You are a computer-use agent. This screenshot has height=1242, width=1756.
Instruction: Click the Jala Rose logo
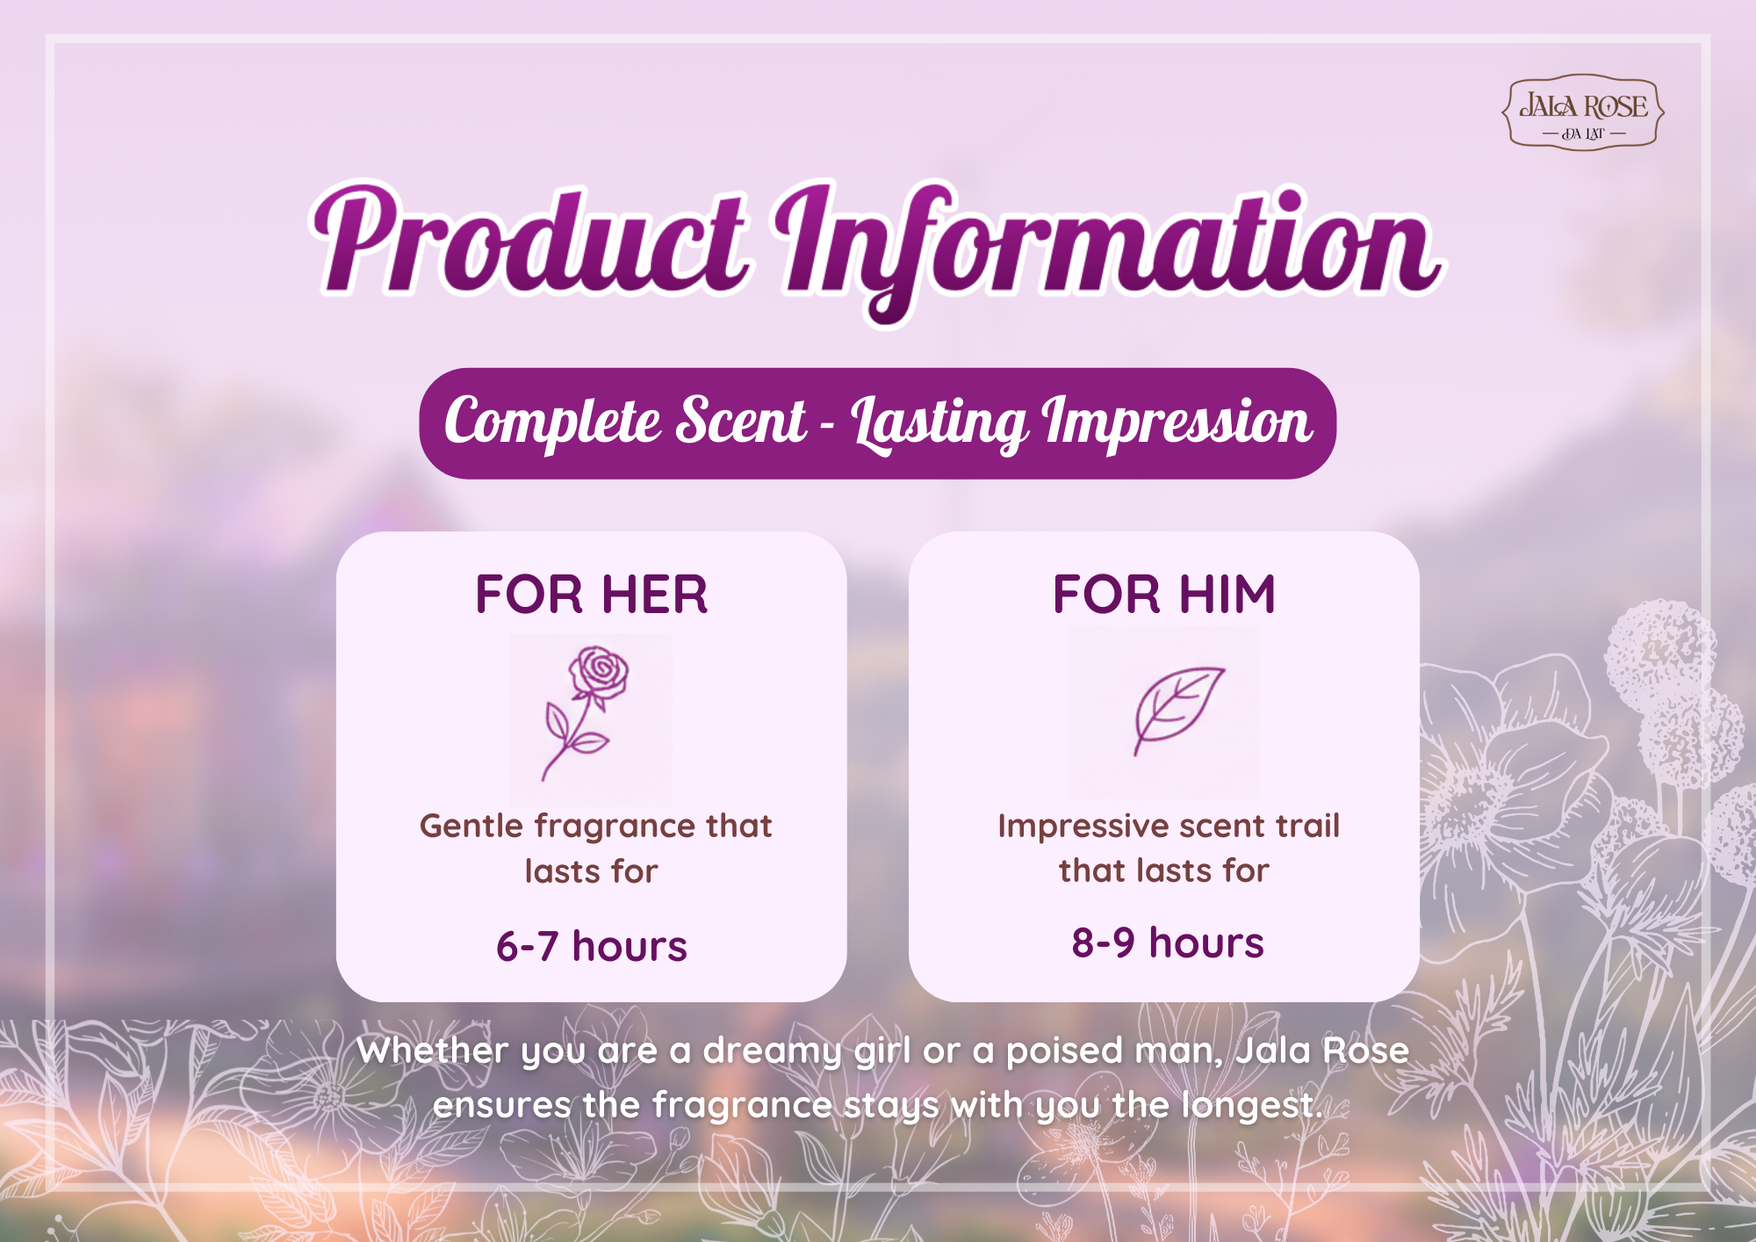pyautogui.click(x=1583, y=112)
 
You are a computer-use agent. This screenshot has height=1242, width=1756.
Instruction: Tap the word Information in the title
pyautogui.click(x=1108, y=250)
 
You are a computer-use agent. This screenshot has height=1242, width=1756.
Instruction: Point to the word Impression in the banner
pyautogui.click(x=1177, y=424)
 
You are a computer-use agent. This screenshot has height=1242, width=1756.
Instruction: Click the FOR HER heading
pyautogui.click(x=592, y=595)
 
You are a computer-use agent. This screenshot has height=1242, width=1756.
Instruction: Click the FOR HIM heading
pyautogui.click(x=1164, y=595)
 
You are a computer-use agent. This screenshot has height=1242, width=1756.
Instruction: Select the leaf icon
pyautogui.click(x=1177, y=710)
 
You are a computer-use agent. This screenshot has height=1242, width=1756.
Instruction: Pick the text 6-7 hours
pyautogui.click(x=592, y=947)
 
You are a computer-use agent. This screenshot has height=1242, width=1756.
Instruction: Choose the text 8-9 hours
pyautogui.click(x=1168, y=943)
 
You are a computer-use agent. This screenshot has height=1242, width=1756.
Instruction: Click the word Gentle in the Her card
pyautogui.click(x=471, y=827)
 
